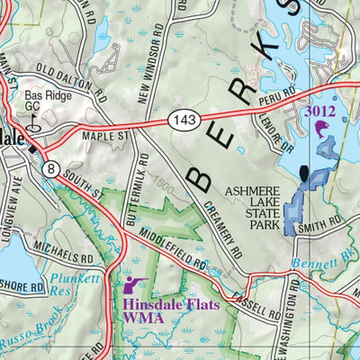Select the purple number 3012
pos(320,112)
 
